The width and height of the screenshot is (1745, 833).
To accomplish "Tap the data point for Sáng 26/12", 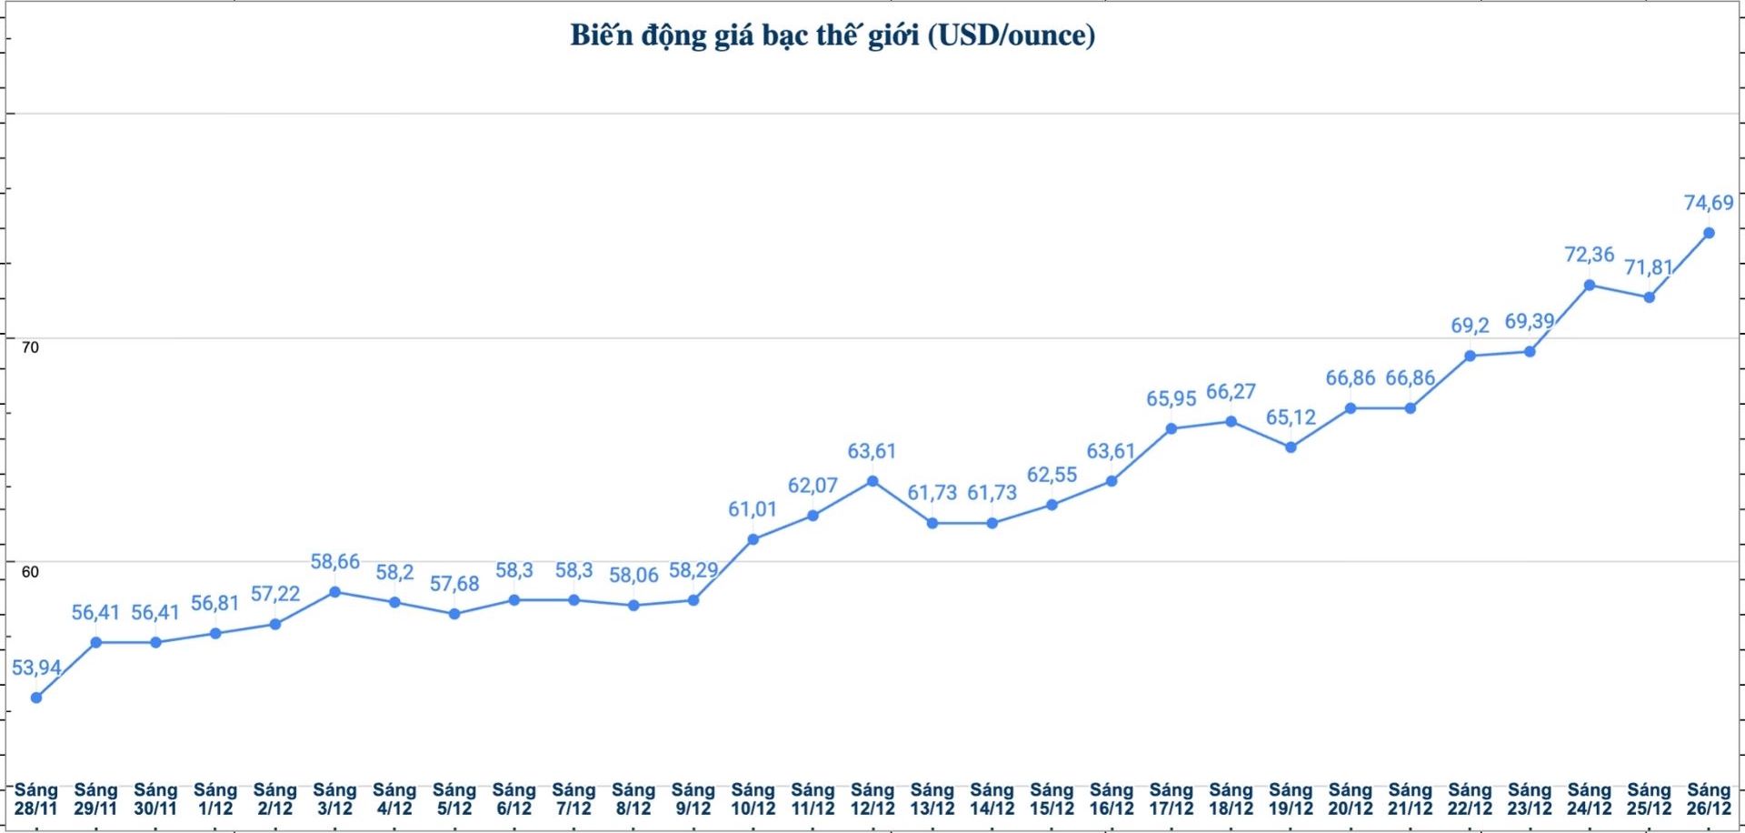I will click(x=1709, y=234).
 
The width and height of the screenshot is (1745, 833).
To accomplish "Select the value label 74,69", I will click(x=1709, y=203).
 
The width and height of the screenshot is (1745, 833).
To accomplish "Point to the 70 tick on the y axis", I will click(x=30, y=347).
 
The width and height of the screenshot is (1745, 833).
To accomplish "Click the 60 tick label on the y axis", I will click(x=30, y=572).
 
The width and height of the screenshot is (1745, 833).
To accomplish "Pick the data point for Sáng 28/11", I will click(x=36, y=698).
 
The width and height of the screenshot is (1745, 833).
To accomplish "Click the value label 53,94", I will click(x=36, y=668).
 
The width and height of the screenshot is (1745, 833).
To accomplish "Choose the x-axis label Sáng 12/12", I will click(x=872, y=799).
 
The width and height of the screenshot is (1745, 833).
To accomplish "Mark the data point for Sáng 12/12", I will click(x=872, y=481).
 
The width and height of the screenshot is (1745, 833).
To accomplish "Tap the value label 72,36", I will click(x=1590, y=255).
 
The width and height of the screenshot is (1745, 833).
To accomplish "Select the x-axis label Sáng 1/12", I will click(x=215, y=799).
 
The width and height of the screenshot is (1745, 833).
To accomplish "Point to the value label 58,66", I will click(x=335, y=562).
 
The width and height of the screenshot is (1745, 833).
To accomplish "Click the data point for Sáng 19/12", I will click(x=1291, y=447).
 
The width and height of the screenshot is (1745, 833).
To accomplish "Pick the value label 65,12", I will click(x=1291, y=417).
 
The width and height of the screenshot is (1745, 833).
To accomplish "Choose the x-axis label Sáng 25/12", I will click(x=1649, y=799).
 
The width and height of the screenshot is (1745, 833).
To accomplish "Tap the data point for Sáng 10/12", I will click(x=753, y=539).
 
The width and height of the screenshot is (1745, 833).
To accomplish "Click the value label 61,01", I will click(x=753, y=509).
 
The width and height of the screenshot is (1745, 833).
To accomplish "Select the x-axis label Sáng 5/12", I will click(x=454, y=799).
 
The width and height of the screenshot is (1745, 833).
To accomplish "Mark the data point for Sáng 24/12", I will click(x=1590, y=286).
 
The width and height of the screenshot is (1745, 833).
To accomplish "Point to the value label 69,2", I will click(x=1470, y=326).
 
